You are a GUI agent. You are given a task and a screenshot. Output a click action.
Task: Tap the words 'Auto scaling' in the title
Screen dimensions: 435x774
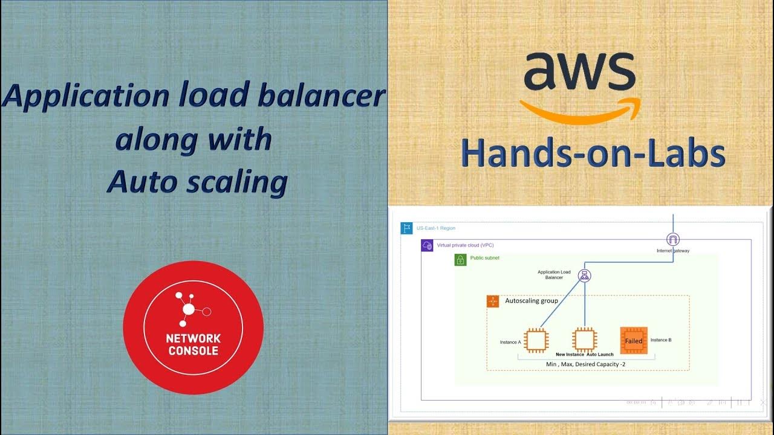(197, 182)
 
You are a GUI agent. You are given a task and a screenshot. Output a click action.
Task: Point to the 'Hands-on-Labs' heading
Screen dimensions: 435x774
(593, 155)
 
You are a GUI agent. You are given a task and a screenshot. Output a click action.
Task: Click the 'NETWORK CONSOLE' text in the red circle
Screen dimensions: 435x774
(193, 344)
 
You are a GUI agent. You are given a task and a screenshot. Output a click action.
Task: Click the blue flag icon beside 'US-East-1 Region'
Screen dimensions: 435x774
(406, 228)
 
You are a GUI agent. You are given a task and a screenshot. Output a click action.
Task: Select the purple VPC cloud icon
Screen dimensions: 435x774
(427, 246)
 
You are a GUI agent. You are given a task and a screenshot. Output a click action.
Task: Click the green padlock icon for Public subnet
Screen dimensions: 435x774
(460, 260)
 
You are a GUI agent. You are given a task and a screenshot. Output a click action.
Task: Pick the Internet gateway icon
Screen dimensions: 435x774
(672, 239)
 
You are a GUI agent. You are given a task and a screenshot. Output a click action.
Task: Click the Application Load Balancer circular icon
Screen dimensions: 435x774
(584, 275)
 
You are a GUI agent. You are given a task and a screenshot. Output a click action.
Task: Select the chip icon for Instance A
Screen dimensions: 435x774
(535, 340)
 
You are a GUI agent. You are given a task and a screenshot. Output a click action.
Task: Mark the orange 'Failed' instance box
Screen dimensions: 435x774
(634, 340)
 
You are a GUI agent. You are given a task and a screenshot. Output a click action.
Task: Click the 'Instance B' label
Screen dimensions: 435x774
(660, 340)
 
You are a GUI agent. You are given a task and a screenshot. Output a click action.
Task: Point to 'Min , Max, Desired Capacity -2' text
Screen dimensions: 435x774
(586, 364)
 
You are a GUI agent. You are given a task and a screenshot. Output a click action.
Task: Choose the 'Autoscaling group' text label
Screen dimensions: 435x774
(531, 300)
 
